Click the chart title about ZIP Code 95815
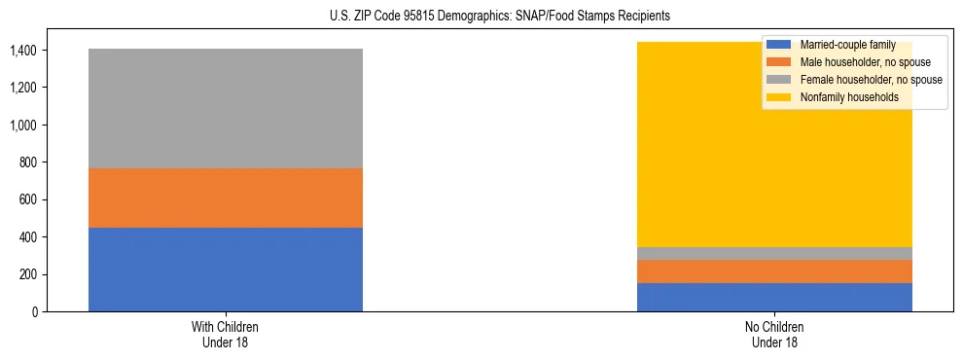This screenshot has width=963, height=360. click(481, 17)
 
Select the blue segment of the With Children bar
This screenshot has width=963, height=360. click(226, 270)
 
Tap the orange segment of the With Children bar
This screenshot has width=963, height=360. click(226, 198)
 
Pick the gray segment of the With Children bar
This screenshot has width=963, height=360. click(226, 108)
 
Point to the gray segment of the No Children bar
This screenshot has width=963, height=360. click(774, 253)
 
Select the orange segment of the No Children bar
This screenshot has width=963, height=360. click(774, 271)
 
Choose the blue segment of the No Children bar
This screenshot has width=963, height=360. click(774, 297)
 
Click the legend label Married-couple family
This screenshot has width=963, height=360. click(841, 45)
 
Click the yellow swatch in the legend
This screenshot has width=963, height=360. click(779, 97)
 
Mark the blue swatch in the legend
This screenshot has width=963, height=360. click(779, 45)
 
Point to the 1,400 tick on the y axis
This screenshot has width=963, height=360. click(25, 51)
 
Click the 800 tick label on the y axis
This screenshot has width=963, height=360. click(31, 162)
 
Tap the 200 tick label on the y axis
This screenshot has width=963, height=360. click(31, 274)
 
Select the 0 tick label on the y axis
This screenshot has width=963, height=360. click(37, 312)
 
